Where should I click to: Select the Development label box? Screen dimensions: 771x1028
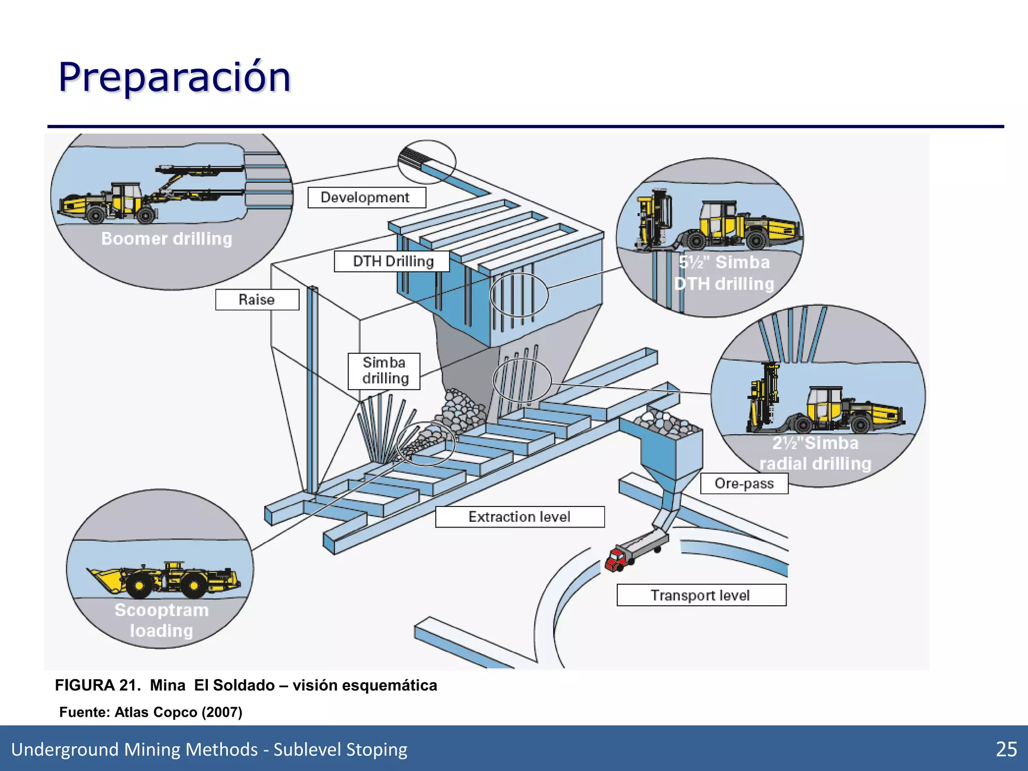(x=366, y=197)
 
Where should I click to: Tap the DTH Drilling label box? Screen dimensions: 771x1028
(x=392, y=262)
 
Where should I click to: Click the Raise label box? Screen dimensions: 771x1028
(x=257, y=300)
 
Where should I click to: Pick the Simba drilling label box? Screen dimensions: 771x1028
(x=384, y=371)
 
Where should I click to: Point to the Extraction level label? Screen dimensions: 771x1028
(x=520, y=517)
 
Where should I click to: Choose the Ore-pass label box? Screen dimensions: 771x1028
(x=744, y=483)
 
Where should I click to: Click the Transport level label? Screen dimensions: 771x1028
(x=701, y=595)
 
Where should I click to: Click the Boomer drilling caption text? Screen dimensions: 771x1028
(x=167, y=239)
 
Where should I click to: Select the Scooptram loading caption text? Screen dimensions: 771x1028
(x=161, y=620)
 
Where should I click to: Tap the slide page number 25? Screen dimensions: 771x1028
(x=1006, y=749)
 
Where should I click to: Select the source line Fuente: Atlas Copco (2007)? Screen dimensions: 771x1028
(x=151, y=712)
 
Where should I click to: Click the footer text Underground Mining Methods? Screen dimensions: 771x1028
(x=134, y=749)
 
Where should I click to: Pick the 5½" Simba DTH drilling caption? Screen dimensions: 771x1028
(x=724, y=273)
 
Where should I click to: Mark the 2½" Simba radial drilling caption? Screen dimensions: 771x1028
(x=815, y=453)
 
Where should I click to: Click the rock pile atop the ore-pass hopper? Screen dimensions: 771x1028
(x=665, y=422)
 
